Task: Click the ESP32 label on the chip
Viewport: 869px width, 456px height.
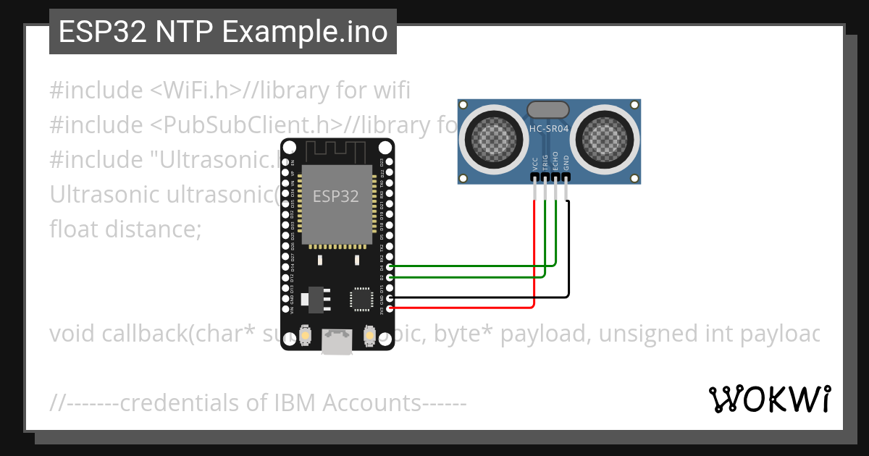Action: coord(335,196)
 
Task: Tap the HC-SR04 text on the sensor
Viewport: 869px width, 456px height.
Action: coord(549,129)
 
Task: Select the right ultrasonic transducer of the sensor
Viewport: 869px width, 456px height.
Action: coord(605,135)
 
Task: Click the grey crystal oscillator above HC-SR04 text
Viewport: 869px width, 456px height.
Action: coord(549,110)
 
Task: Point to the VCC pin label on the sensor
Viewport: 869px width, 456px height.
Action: coord(534,163)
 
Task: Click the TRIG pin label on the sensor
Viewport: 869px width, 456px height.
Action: coord(545,162)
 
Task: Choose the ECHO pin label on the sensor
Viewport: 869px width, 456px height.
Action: coord(556,161)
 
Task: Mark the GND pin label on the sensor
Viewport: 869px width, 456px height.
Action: coord(567,163)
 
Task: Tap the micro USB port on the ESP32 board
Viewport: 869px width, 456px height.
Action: coord(337,342)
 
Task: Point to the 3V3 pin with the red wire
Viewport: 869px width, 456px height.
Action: coord(390,308)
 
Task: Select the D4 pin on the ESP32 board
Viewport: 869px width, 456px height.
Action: coord(390,267)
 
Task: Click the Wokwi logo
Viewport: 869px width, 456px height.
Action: coord(769,399)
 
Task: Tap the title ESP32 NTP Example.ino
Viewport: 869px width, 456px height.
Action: coord(223,32)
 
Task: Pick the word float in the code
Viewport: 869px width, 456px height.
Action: coord(73,229)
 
